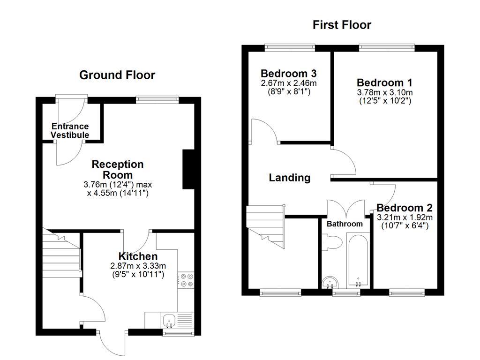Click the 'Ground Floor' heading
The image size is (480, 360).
click(117, 75)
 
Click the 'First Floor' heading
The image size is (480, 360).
click(342, 25)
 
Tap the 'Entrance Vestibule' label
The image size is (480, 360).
click(70, 131)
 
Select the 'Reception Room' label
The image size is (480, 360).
click(118, 169)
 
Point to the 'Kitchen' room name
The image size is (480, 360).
click(137, 256)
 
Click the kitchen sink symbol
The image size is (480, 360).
click(169, 321)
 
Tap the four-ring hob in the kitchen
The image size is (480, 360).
click(187, 280)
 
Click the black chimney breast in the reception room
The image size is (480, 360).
click(188, 169)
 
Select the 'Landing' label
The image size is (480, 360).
click(289, 178)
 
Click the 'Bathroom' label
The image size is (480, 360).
click(345, 224)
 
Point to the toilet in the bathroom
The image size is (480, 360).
click(333, 242)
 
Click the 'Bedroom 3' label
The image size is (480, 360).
click(288, 74)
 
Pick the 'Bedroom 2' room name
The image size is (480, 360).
click(404, 208)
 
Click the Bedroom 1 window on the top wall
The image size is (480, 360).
click(387, 47)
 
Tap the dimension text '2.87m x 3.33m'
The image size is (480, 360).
click(137, 266)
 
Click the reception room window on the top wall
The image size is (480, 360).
click(157, 99)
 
